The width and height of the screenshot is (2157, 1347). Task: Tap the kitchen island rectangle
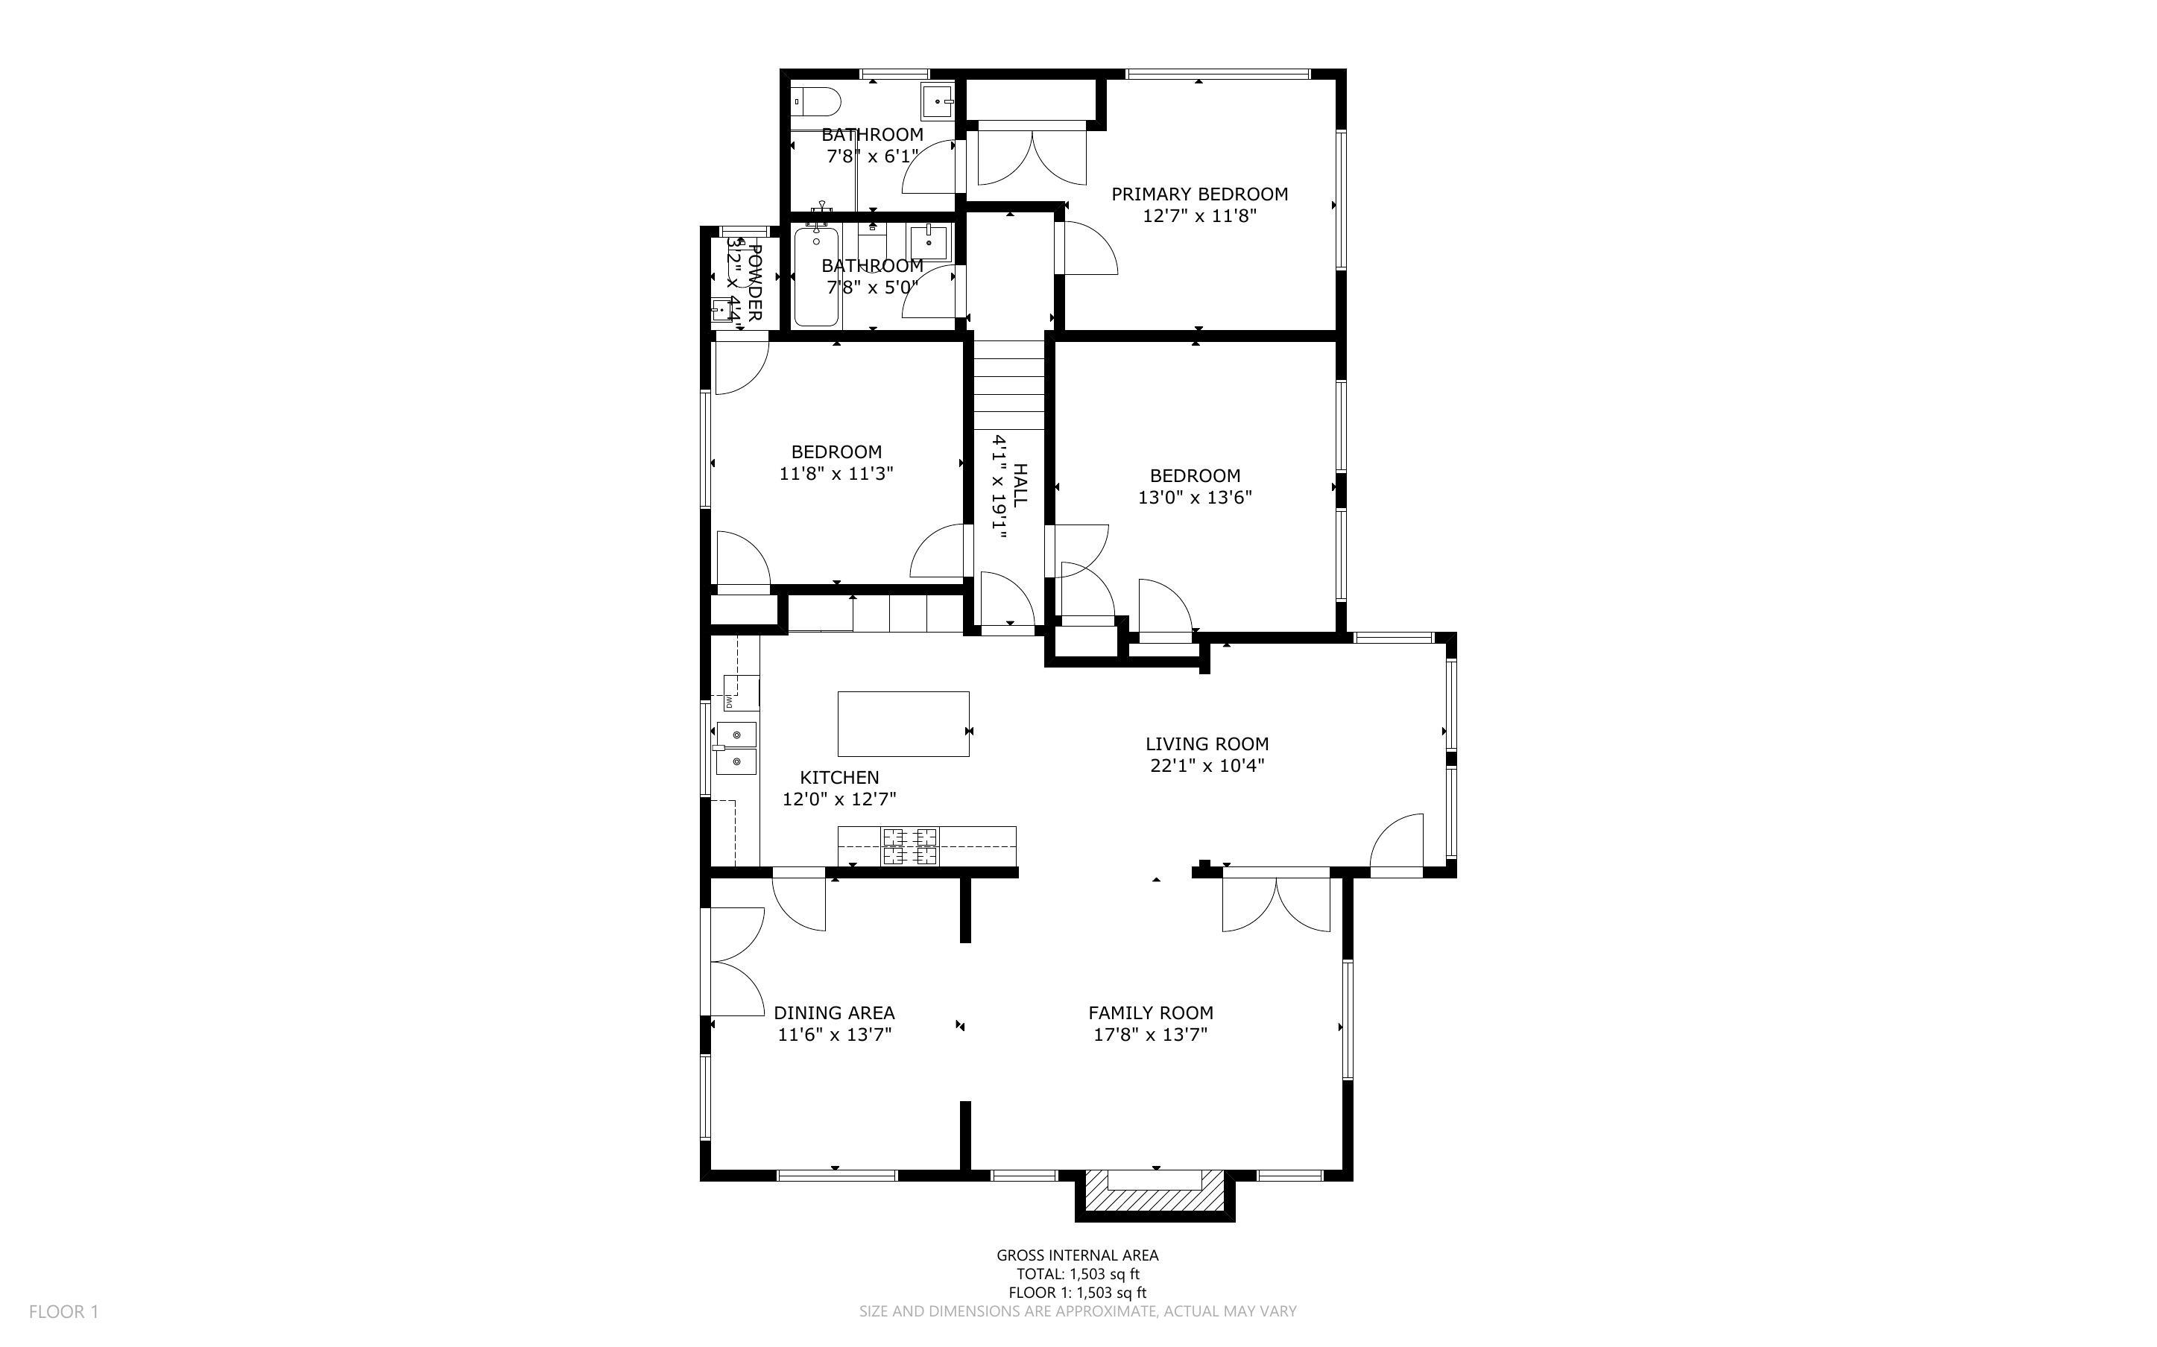pos(903,723)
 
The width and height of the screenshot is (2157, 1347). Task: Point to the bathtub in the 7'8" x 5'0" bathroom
pos(815,276)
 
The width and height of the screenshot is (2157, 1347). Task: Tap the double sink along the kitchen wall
pos(736,748)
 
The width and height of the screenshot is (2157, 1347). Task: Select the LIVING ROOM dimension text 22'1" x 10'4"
pos(1207,765)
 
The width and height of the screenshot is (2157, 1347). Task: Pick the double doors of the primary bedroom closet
pos(1032,159)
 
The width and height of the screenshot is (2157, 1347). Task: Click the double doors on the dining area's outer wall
pos(735,961)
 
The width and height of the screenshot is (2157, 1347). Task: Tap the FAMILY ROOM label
pos(1150,1013)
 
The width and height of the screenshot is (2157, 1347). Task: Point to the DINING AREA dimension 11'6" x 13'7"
pos(834,1034)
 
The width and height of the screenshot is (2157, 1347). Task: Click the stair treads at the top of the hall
pos(1007,383)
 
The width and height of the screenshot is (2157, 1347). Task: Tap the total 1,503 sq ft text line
pos(1077,1274)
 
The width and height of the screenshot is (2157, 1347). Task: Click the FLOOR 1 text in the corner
pos(63,1311)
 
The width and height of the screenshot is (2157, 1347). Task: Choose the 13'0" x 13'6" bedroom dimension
pos(1194,497)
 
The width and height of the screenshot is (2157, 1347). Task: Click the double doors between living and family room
pos(1276,905)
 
